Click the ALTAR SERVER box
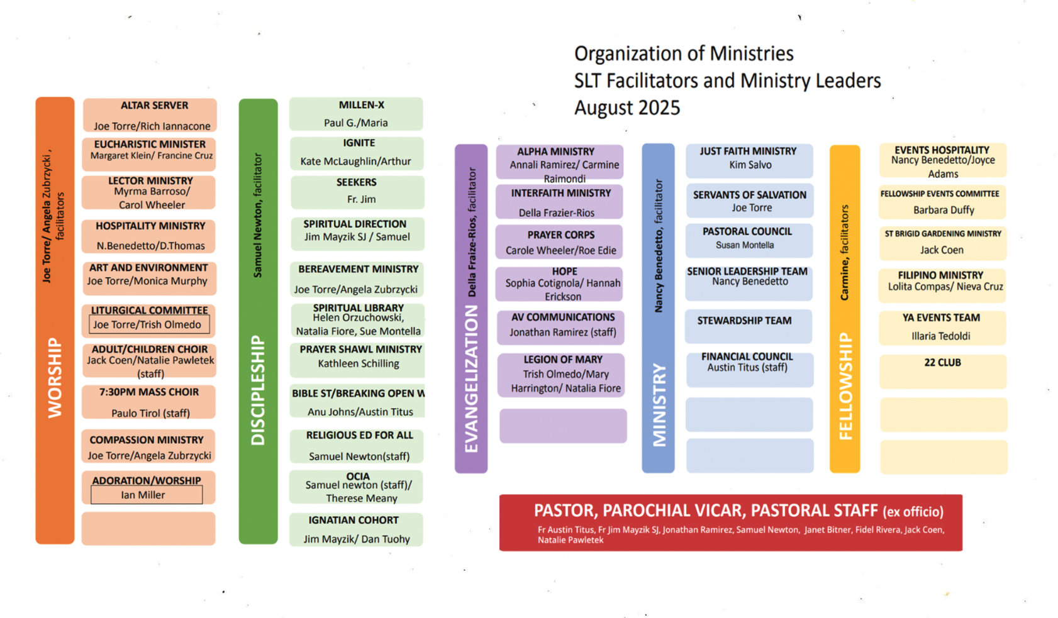(150, 114)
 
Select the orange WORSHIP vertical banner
(55, 321)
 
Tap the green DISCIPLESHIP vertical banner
(258, 321)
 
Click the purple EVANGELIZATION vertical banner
(471, 308)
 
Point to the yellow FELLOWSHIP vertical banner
(845, 308)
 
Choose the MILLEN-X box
(356, 114)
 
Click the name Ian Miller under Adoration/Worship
(143, 495)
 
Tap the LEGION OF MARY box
(561, 375)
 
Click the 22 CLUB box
(942, 371)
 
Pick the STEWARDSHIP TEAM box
(748, 326)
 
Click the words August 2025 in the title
(627, 108)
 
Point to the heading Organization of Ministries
(684, 53)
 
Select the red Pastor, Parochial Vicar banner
(730, 522)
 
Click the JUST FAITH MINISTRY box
(749, 160)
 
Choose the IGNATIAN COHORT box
(356, 529)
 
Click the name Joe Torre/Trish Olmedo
(147, 324)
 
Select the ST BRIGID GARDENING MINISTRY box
(942, 243)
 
